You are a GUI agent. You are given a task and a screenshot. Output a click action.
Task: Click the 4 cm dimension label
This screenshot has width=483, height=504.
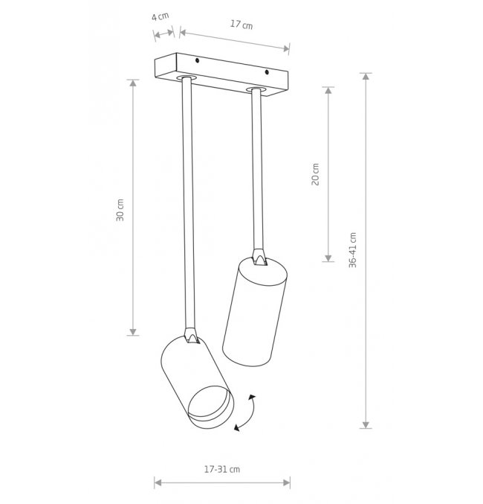pyautogui.click(x=161, y=16)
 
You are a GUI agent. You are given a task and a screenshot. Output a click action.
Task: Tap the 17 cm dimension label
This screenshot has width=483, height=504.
pyautogui.click(x=241, y=25)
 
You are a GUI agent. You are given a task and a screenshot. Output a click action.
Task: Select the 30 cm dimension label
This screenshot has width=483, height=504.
pyautogui.click(x=120, y=210)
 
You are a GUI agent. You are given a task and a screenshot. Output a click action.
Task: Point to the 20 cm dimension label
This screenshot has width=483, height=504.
pyautogui.click(x=316, y=174)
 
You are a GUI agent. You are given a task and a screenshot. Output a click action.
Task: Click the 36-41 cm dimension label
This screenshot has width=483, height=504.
pyautogui.click(x=353, y=249)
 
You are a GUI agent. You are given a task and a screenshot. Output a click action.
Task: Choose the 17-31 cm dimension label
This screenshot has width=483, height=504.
pyautogui.click(x=222, y=469)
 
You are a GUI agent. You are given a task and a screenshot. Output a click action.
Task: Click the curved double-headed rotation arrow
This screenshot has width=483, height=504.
pyautogui.click(x=247, y=412)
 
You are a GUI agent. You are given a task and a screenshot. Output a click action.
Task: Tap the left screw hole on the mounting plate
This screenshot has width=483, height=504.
pyautogui.click(x=198, y=60)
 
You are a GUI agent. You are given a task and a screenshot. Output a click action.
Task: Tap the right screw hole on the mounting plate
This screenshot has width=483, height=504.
pyautogui.click(x=267, y=72)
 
